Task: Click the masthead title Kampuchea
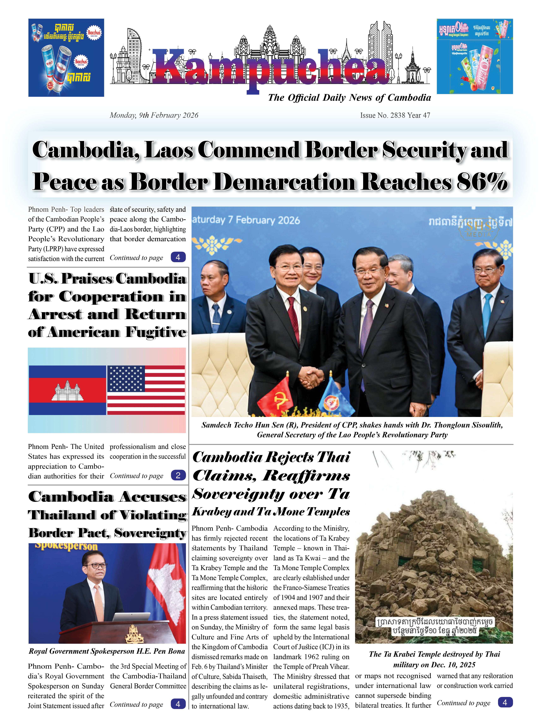pyautogui.click(x=270, y=67)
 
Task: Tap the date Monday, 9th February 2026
pyautogui.click(x=154, y=115)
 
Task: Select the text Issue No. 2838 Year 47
pyautogui.click(x=395, y=115)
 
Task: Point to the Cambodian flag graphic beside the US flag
pyautogui.click(x=67, y=390)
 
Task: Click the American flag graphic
pyautogui.click(x=146, y=390)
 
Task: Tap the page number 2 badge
pyautogui.click(x=178, y=475)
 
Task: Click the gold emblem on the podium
pyautogui.click(x=134, y=634)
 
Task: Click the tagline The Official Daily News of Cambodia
pyautogui.click(x=349, y=98)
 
